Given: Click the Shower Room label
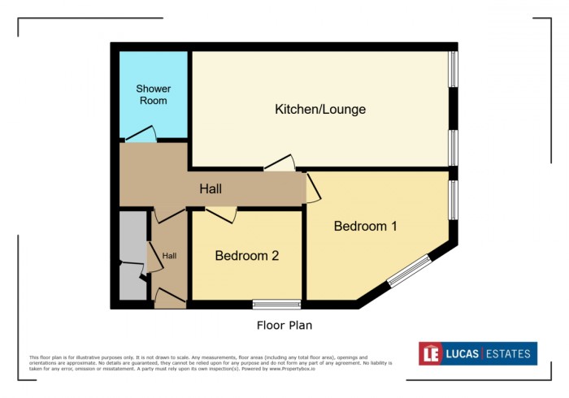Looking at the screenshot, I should coord(152,94).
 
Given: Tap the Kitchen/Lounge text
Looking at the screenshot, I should coord(320,109).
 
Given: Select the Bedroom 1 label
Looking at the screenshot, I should coord(365,226).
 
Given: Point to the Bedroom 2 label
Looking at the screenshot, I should coord(246,255).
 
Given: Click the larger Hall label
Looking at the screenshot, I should coord(211,189).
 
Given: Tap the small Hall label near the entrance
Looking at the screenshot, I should coord(169,255).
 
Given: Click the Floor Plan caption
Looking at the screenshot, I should coord(280,325).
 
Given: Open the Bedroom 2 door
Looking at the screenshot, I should coord(221,214).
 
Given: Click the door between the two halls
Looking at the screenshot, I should coord(169,214).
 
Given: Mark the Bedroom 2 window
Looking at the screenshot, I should coord(276,305).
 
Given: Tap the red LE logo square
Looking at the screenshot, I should coord(430,353).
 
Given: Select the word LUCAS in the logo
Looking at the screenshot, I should coord(462,353).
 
